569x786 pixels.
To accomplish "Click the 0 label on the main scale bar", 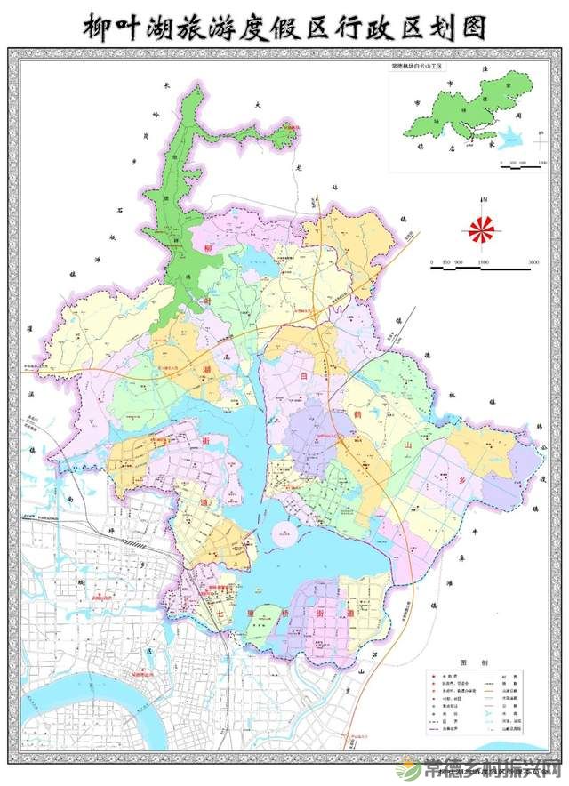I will [x=431, y=263].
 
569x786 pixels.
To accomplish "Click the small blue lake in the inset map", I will [x=510, y=139].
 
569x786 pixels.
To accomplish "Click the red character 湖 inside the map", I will [x=206, y=369].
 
